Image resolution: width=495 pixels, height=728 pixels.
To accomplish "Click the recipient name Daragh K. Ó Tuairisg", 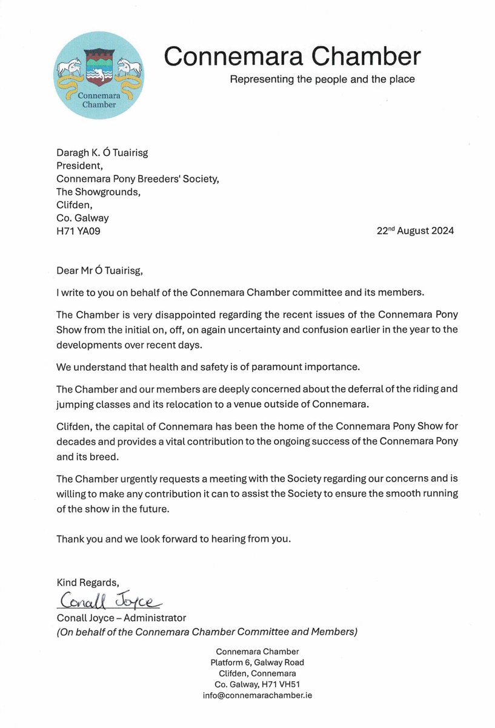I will (102, 153).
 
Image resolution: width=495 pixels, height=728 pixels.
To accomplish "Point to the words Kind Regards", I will (84, 582).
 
